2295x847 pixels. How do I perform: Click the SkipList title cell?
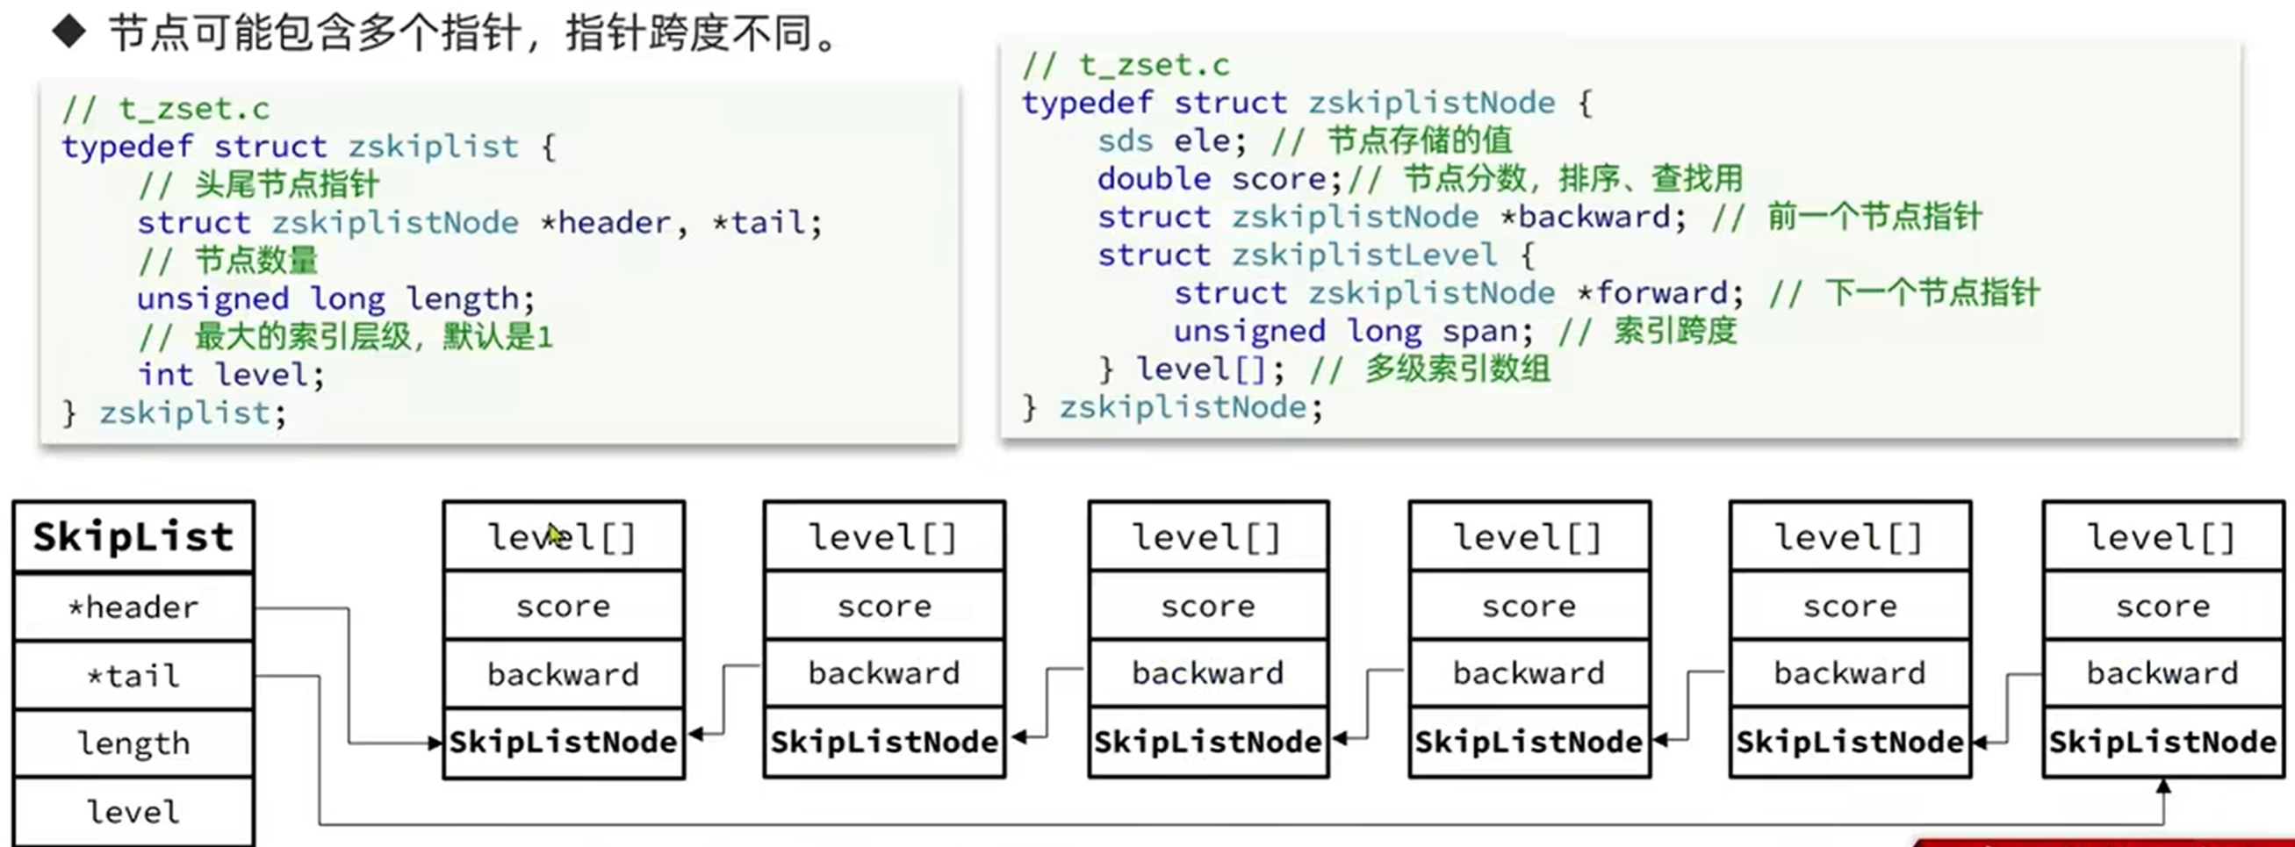[133, 537]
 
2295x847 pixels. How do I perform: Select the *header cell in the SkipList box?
[133, 607]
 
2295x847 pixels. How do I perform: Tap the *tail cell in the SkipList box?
[133, 676]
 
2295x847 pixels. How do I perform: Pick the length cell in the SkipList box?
[133, 743]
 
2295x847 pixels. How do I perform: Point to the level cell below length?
[133, 811]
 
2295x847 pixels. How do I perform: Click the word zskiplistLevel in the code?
[1364, 255]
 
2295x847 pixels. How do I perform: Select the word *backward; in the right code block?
[1593, 218]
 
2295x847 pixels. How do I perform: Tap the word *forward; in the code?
[1669, 293]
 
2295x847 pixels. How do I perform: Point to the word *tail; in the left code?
[766, 223]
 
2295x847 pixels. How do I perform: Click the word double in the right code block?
[1154, 179]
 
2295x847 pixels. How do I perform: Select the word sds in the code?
[1126, 140]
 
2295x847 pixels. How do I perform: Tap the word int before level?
[166, 375]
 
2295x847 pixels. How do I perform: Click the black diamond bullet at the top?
[68, 33]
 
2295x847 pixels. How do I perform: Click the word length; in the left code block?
[471, 298]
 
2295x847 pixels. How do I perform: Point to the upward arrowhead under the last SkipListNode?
[2163, 786]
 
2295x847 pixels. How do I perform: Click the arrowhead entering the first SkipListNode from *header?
[435, 743]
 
